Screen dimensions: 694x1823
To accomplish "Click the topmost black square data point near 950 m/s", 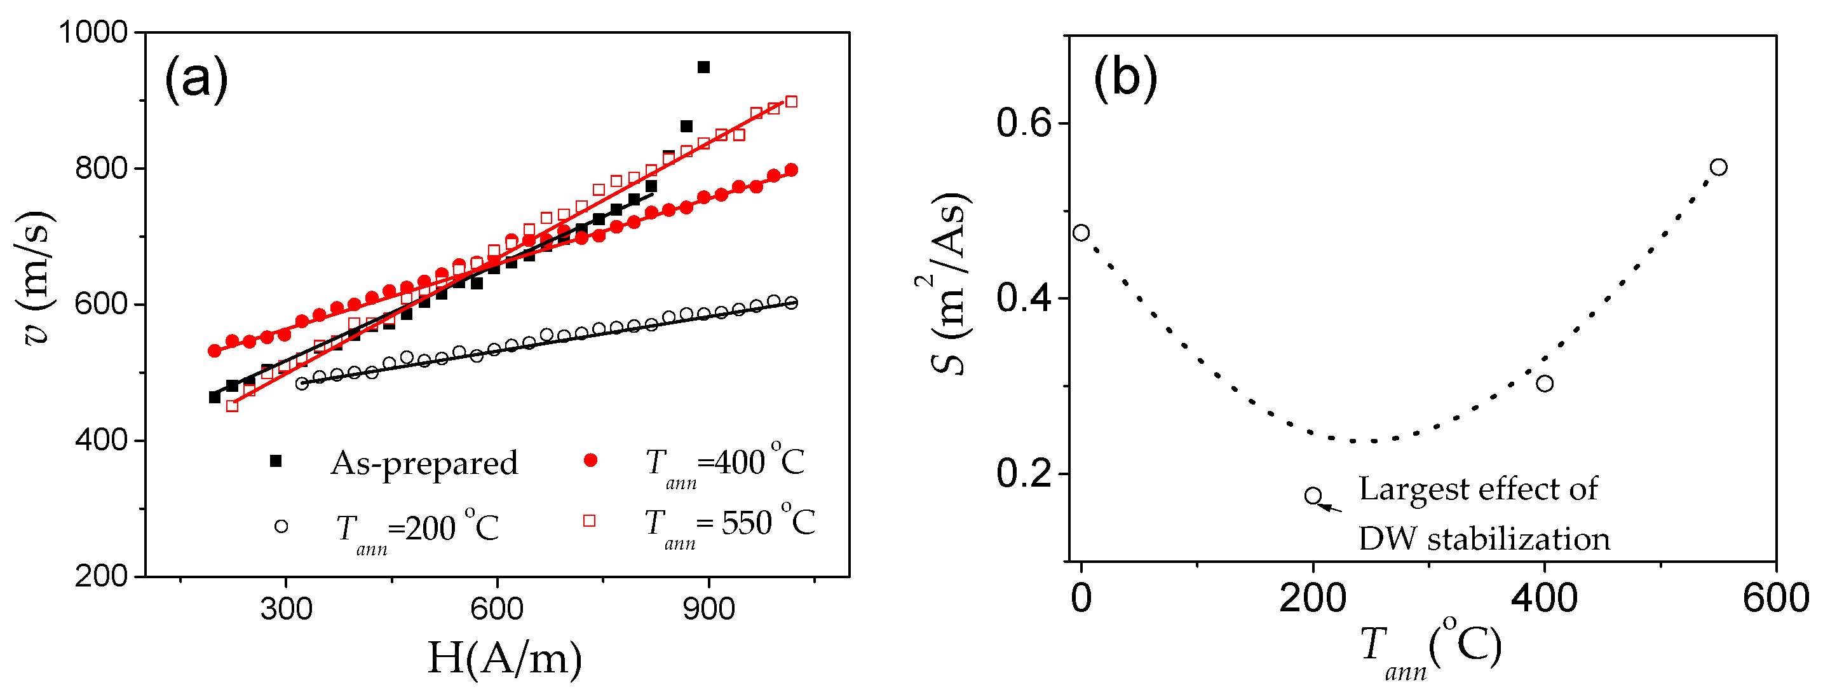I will click(703, 67).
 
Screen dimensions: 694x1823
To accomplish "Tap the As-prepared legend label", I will click(424, 463).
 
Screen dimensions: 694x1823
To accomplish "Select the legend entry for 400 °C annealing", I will click(724, 464).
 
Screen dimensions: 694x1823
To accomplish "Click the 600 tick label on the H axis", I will click(497, 609).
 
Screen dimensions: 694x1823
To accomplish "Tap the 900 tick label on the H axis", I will click(708, 609).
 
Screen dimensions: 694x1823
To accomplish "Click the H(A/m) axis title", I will click(505, 658).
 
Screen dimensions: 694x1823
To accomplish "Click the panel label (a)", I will click(196, 78).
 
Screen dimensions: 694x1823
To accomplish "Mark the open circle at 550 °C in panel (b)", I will click(1718, 167).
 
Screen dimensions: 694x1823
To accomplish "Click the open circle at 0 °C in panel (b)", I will click(1081, 232).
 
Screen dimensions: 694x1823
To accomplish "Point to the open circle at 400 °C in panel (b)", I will click(1544, 383).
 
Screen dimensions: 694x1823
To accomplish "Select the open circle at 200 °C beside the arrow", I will click(1313, 495).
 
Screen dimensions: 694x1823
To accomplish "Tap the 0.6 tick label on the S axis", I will click(1022, 123).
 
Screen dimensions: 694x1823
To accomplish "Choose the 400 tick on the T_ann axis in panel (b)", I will click(1544, 599).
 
